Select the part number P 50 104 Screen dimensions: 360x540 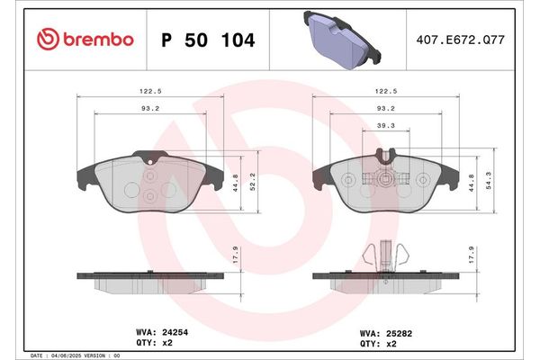tap(207, 40)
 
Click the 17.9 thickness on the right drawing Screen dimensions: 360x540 tap(471, 253)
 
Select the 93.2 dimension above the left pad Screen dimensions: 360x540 tap(150, 108)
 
